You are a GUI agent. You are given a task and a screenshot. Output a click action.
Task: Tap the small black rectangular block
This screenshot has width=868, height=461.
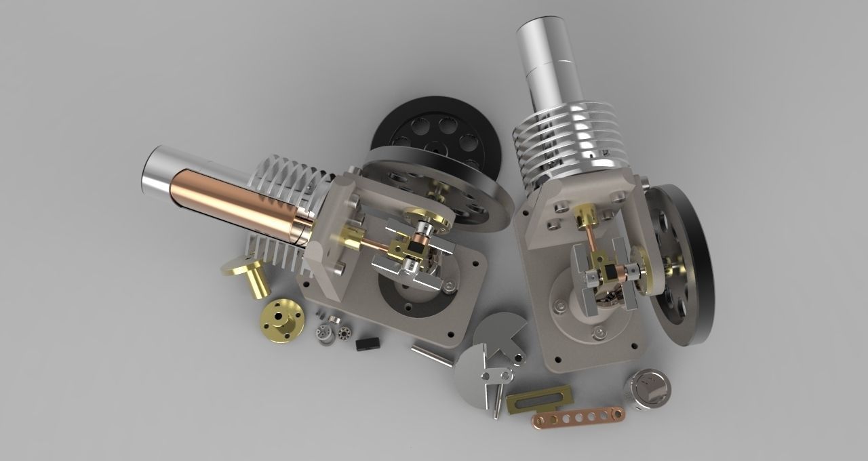(367, 344)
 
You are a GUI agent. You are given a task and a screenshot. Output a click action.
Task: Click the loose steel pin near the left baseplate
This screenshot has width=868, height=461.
(431, 355)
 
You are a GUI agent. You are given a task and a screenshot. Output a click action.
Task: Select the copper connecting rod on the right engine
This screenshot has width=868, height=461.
(594, 248)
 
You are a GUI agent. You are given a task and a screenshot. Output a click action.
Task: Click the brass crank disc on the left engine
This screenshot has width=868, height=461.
(427, 220)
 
